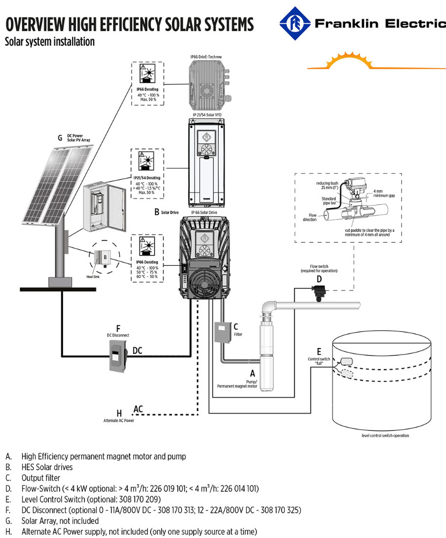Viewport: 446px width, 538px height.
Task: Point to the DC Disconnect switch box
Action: tap(118, 355)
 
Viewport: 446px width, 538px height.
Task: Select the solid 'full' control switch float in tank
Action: tap(344, 362)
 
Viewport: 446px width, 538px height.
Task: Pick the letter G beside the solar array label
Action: tap(60, 138)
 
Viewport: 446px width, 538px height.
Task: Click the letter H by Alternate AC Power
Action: tap(119, 413)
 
